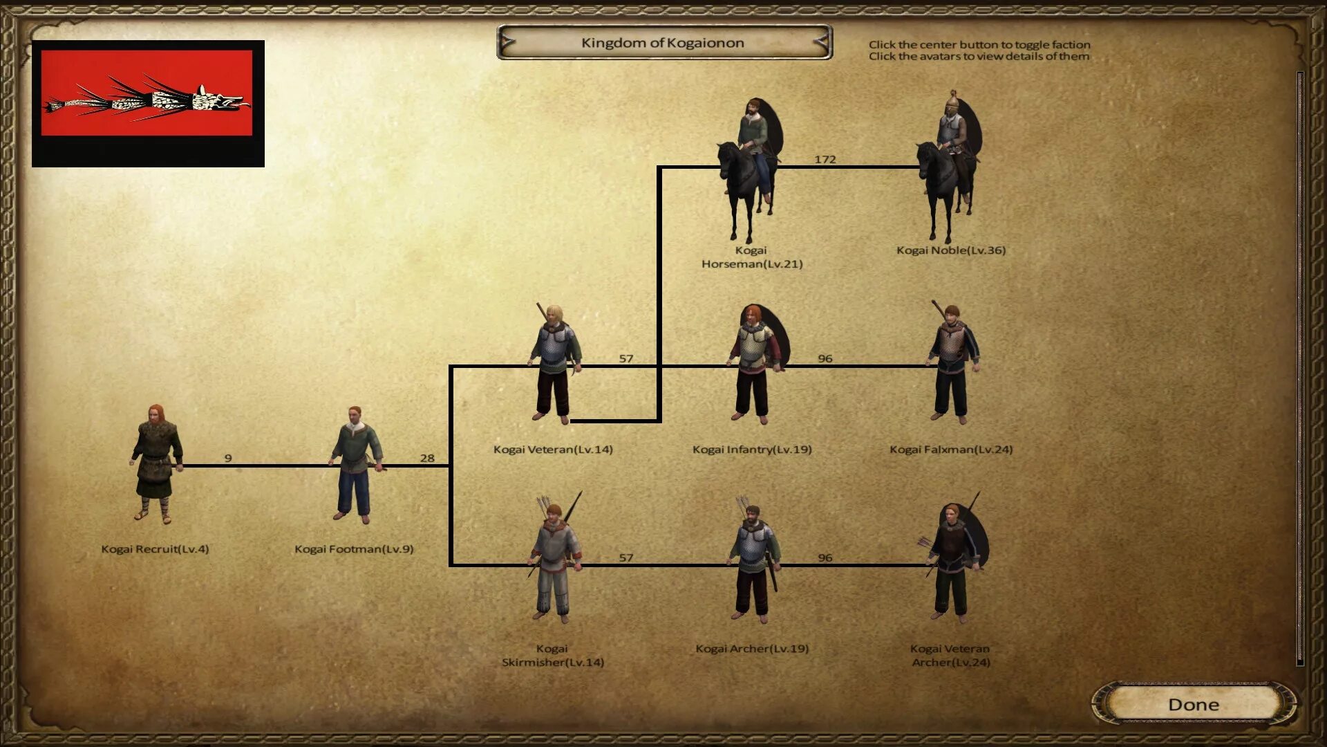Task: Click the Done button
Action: (x=1193, y=704)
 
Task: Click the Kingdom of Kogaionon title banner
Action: (x=663, y=43)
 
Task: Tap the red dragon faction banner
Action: (x=147, y=103)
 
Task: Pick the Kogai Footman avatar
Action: (x=355, y=465)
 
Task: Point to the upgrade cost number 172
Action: (x=825, y=160)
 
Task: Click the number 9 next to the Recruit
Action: (x=228, y=459)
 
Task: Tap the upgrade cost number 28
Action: (x=427, y=459)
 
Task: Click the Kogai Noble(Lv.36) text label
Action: (x=951, y=250)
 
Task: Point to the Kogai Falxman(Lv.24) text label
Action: (x=951, y=450)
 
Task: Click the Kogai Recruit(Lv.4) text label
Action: (x=155, y=549)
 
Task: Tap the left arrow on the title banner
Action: (x=508, y=43)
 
